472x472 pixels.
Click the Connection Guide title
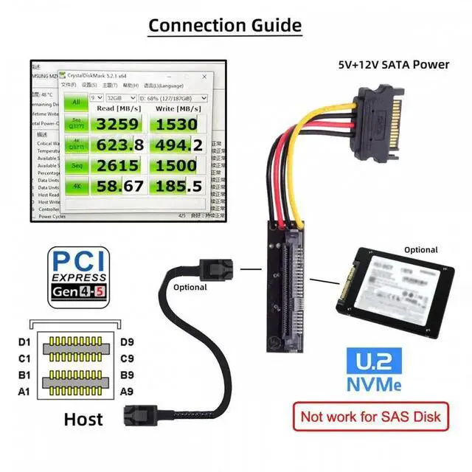click(225, 25)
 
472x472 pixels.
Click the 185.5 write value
click(176, 187)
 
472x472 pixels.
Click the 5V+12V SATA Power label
click(393, 64)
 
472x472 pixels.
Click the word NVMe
click(375, 386)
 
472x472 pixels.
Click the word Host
click(83, 420)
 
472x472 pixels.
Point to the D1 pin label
click(24, 342)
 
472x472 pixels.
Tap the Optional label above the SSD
click(420, 250)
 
